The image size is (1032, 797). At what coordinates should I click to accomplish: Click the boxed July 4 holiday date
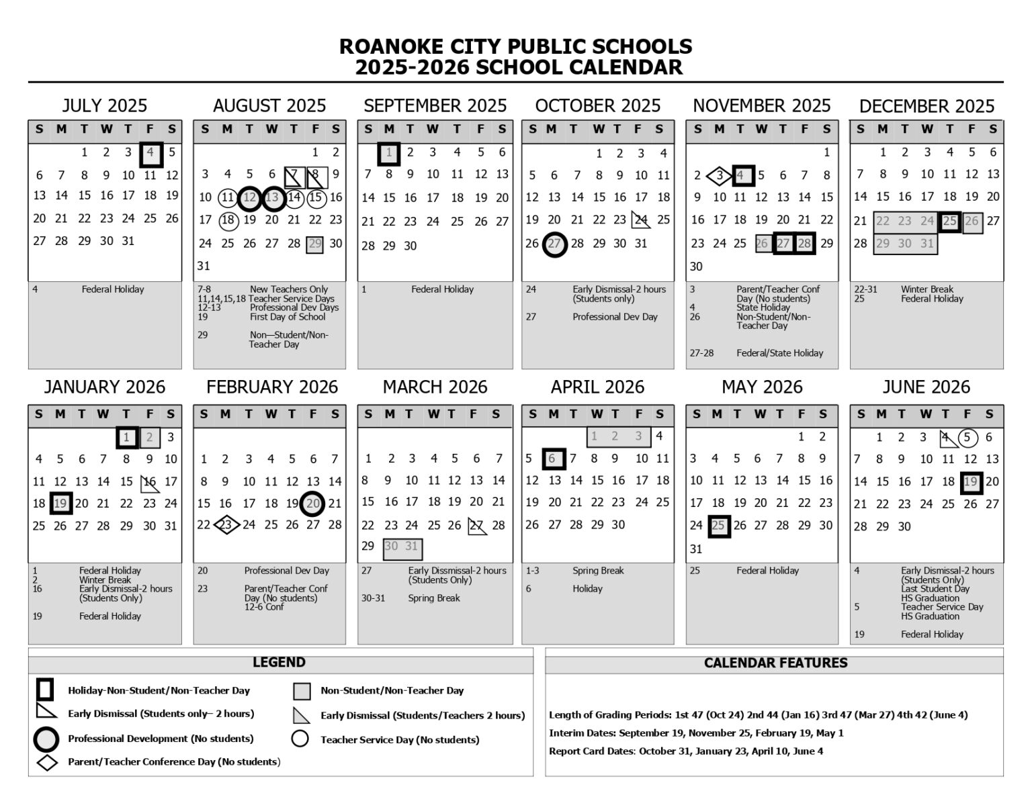pyautogui.click(x=150, y=154)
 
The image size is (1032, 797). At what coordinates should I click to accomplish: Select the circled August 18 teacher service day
pyautogui.click(x=228, y=220)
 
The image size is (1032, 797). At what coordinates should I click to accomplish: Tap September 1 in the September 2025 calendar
pyautogui.click(x=389, y=154)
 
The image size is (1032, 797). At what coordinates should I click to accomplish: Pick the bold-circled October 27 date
pyautogui.click(x=554, y=244)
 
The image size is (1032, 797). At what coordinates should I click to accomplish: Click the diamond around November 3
pyautogui.click(x=719, y=176)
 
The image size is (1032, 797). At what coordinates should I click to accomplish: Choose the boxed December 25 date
pyautogui.click(x=949, y=221)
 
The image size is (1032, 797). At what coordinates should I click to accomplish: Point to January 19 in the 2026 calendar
pyautogui.click(x=60, y=504)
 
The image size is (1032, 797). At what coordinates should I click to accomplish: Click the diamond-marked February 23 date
pyautogui.click(x=226, y=525)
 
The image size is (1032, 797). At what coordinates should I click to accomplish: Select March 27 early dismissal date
pyautogui.click(x=477, y=526)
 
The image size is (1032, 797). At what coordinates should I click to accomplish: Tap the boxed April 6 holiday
pyautogui.click(x=554, y=459)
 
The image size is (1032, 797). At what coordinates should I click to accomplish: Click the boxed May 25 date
pyautogui.click(x=718, y=526)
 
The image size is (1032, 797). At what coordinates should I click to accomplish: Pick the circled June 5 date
pyautogui.click(x=967, y=438)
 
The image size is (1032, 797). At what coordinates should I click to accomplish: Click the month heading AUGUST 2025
pyautogui.click(x=269, y=106)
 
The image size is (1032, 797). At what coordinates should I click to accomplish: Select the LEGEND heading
pyautogui.click(x=279, y=663)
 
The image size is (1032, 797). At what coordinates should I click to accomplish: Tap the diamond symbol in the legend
pyautogui.click(x=46, y=762)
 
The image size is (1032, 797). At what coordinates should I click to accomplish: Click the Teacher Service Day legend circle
pyautogui.click(x=300, y=739)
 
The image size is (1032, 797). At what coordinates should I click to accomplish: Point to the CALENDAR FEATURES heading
pyautogui.click(x=775, y=663)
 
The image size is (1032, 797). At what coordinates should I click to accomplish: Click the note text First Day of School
pyautogui.click(x=288, y=317)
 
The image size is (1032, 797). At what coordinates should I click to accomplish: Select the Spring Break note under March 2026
pyautogui.click(x=433, y=598)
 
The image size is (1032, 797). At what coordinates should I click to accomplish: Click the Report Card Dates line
pyautogui.click(x=685, y=751)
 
